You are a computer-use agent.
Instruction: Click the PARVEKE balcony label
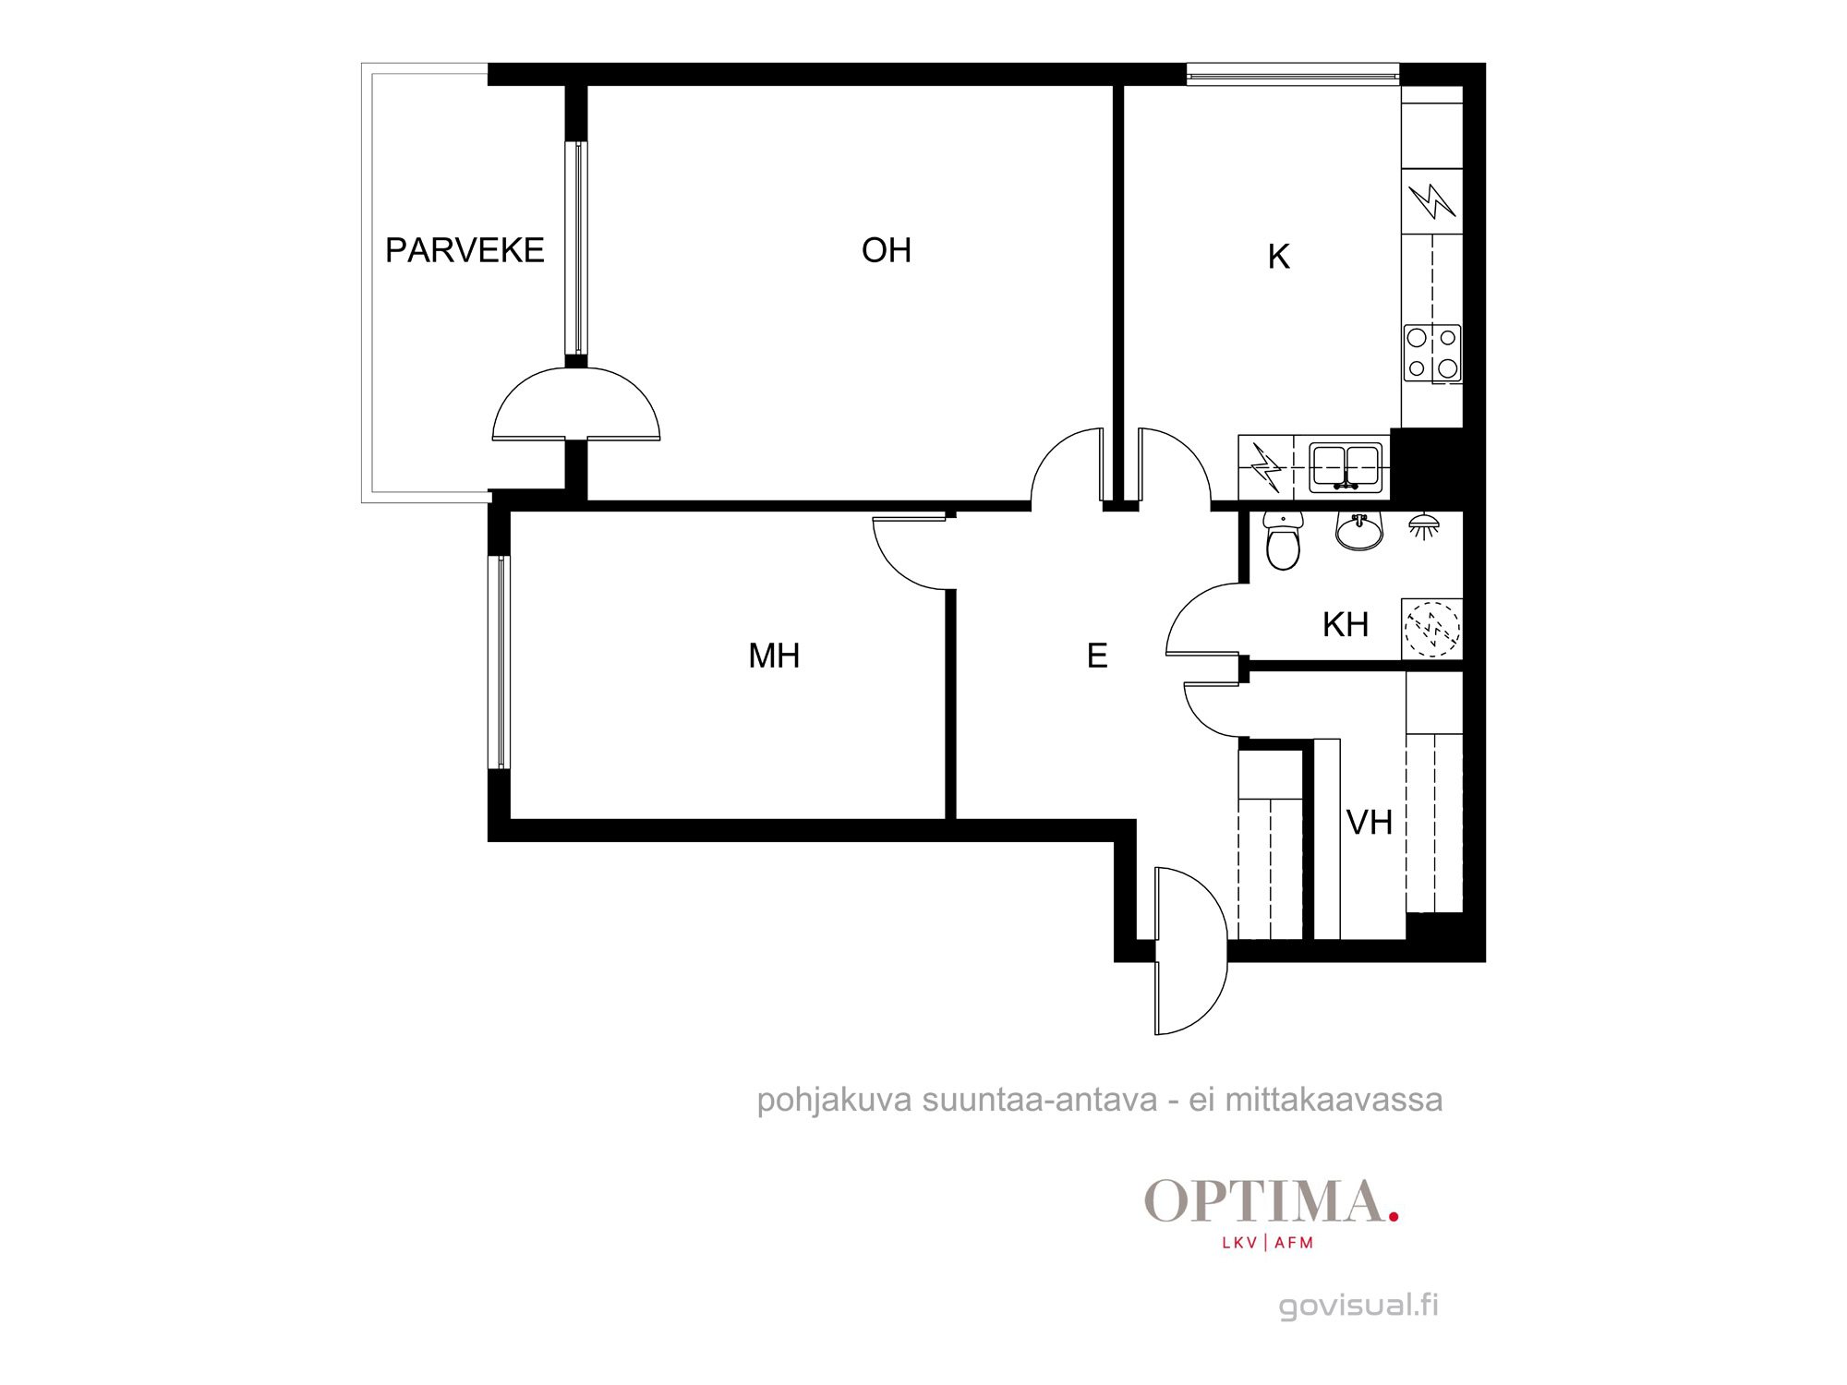pos(465,250)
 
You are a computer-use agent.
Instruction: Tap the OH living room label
pos(887,250)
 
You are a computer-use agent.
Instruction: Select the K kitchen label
pos(1279,257)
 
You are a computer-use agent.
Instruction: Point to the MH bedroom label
pos(774,656)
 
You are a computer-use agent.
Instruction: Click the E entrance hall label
pos(1097,656)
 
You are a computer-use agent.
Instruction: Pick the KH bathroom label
pos(1346,625)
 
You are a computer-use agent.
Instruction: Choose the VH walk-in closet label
pos(1370,823)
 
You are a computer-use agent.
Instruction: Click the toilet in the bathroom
pos(1284,541)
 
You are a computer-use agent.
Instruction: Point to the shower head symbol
pos(1424,526)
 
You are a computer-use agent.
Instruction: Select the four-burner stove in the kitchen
pos(1432,353)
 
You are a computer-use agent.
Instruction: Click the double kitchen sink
pos(1346,467)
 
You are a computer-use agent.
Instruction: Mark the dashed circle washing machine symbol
pos(1432,629)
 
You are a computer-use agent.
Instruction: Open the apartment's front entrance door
pos(1191,951)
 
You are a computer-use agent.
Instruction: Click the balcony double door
pos(576,404)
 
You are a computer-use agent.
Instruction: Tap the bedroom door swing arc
pos(910,554)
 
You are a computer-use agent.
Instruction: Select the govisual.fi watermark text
pos(1358,1306)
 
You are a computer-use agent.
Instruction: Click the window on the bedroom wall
pos(499,662)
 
